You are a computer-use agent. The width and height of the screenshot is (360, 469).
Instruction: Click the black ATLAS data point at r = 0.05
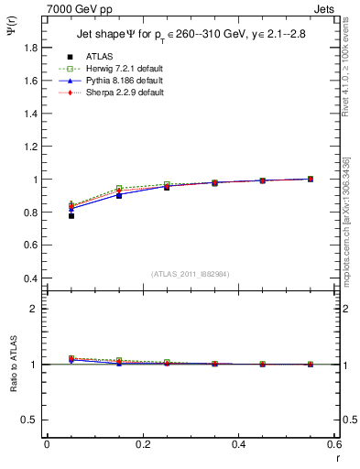pos(71,215)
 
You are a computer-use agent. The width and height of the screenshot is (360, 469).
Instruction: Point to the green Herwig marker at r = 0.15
pos(119,189)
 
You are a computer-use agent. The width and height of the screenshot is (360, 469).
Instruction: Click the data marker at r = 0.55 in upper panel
pos(311,179)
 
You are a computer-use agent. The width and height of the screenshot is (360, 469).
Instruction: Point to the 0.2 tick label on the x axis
pos(142,443)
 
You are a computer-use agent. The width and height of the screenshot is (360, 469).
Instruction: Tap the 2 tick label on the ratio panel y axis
pos(35,309)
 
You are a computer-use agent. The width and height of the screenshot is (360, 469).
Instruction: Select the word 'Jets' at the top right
pos(323,7)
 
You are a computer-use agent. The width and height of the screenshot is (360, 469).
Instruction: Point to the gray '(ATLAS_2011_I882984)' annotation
pos(191,274)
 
